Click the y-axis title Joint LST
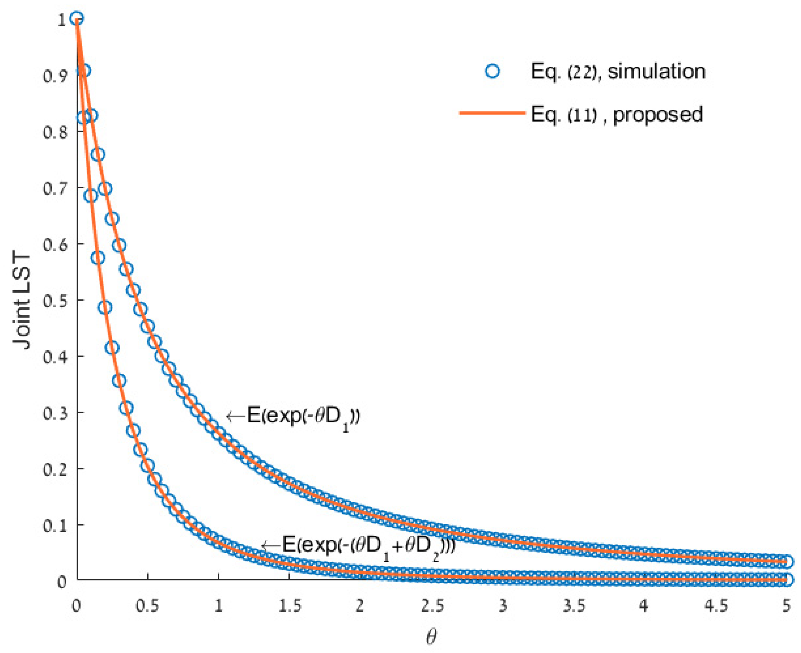(x=22, y=301)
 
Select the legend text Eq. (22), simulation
(x=618, y=71)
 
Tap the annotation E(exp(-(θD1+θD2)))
(x=368, y=546)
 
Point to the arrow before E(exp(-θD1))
(x=235, y=416)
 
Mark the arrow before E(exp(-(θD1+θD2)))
(x=271, y=546)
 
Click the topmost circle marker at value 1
(x=76, y=18)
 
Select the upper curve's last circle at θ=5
(x=786, y=562)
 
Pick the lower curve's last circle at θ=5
(x=786, y=580)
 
